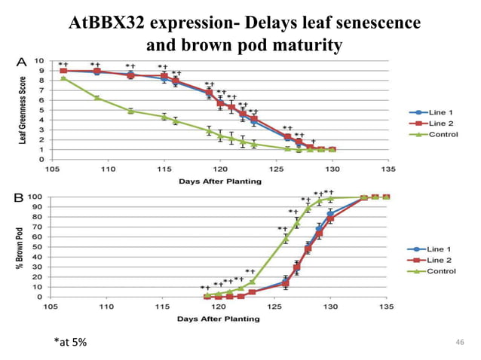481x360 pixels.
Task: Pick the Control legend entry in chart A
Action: [x=441, y=135]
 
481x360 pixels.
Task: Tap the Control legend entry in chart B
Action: [x=441, y=271]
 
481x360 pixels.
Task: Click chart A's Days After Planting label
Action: [x=219, y=181]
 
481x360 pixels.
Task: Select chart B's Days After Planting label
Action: [x=219, y=319]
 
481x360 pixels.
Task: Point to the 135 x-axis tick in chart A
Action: [x=387, y=169]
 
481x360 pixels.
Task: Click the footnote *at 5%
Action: [x=70, y=343]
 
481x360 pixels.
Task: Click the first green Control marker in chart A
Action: [x=63, y=78]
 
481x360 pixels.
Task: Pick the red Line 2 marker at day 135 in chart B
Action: [x=387, y=197]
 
